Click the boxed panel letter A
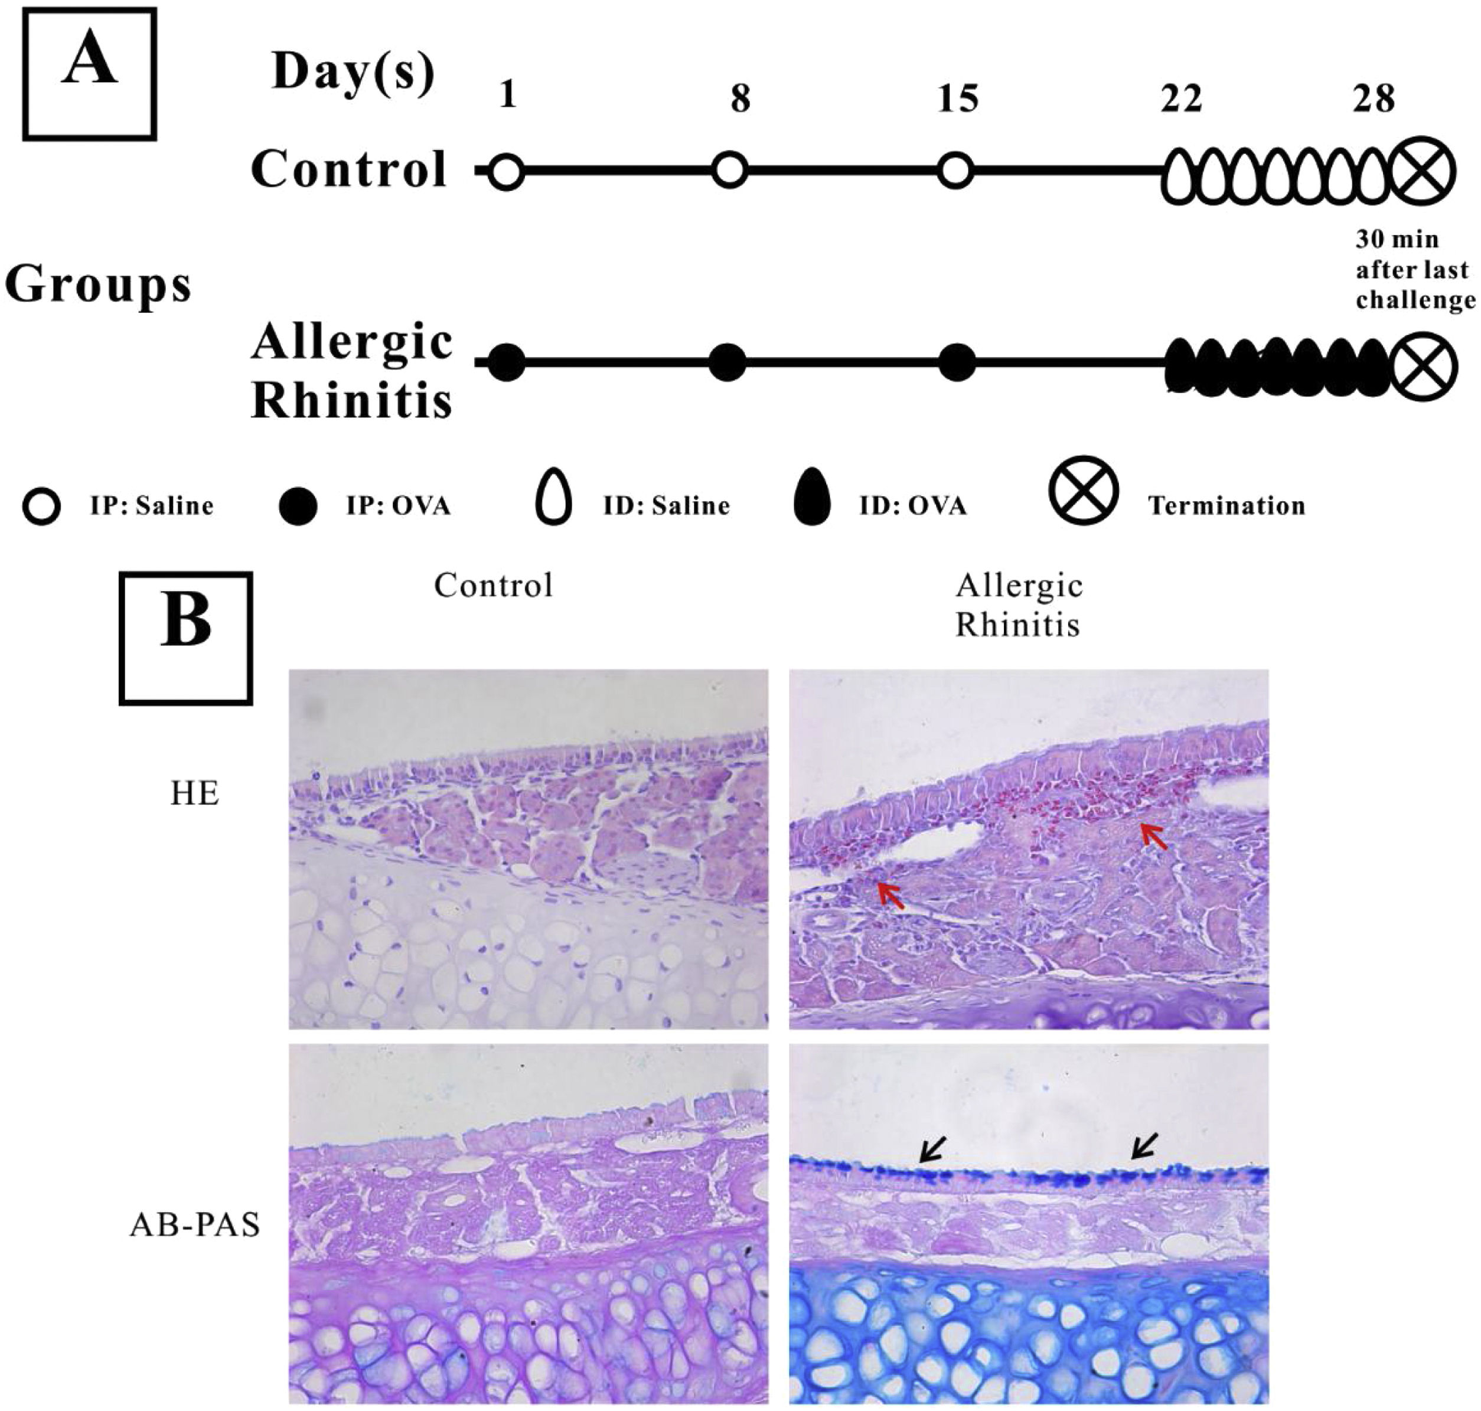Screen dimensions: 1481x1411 coord(90,73)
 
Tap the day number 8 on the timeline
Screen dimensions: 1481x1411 coord(740,99)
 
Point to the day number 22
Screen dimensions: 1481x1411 coord(1181,99)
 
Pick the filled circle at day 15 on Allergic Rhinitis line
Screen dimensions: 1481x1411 coord(957,362)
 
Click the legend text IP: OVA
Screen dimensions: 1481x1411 coord(398,506)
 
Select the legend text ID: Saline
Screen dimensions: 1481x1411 coord(666,506)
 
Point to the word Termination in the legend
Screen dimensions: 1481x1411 coord(1226,506)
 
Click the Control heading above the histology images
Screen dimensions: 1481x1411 coord(494,586)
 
